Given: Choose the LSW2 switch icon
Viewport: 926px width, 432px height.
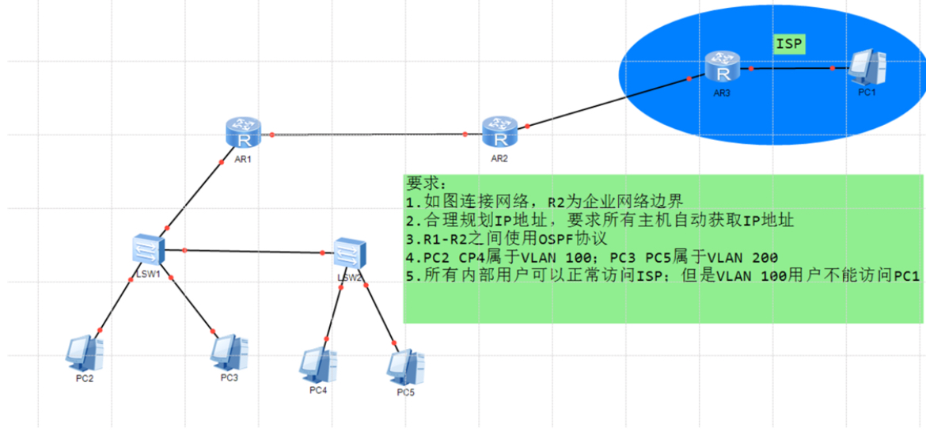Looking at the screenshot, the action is [349, 252].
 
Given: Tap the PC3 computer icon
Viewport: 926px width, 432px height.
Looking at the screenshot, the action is [230, 351].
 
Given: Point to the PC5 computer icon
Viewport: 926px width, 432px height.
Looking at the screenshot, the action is [405, 366].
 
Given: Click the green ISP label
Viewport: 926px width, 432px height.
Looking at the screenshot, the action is [790, 44].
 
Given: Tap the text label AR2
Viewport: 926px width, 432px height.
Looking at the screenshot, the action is [499, 158].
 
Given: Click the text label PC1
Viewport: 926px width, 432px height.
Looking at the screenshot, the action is [867, 93].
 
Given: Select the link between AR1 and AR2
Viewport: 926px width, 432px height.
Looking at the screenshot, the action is [368, 135].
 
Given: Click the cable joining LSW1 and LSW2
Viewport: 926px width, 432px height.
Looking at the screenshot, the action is [253, 252].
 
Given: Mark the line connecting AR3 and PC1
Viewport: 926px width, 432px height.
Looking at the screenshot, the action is [791, 68].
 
